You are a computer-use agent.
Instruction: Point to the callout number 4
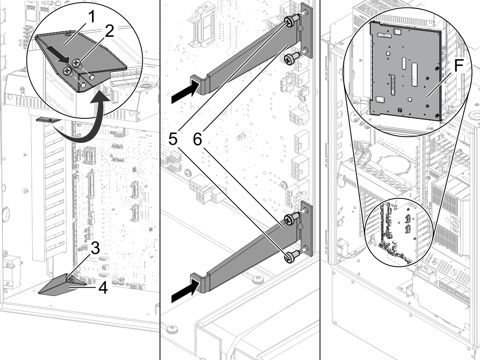(x=103, y=288)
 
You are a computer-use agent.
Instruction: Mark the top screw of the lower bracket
(x=288, y=218)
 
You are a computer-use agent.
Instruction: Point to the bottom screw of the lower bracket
(x=288, y=258)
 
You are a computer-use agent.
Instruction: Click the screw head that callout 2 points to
(x=76, y=63)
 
